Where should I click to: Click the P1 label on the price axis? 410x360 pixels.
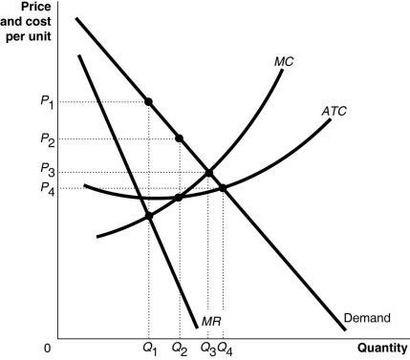pyautogui.click(x=46, y=100)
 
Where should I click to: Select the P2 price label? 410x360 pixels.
pyautogui.click(x=46, y=138)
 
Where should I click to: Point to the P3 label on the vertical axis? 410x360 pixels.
pyautogui.click(x=46, y=171)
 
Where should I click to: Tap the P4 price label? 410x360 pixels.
pyautogui.click(x=46, y=188)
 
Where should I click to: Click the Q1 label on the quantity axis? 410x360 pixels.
pyautogui.click(x=149, y=348)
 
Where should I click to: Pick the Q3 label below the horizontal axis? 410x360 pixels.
pyautogui.click(x=207, y=348)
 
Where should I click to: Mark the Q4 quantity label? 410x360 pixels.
pyautogui.click(x=225, y=348)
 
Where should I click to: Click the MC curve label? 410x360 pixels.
pyautogui.click(x=283, y=61)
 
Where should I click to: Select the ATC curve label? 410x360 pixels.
pyautogui.click(x=334, y=111)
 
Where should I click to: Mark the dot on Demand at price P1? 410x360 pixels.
pyautogui.click(x=149, y=100)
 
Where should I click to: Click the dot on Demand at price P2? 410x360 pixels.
pyautogui.click(x=180, y=138)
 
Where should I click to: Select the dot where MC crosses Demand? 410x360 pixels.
pyautogui.click(x=208, y=172)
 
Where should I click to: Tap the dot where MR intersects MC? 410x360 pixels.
pyautogui.click(x=149, y=216)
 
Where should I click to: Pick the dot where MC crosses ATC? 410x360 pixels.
pyautogui.click(x=180, y=198)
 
